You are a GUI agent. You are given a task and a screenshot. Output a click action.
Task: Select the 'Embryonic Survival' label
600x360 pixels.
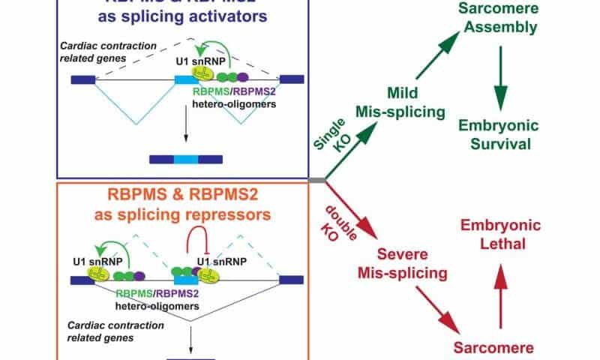(501, 132)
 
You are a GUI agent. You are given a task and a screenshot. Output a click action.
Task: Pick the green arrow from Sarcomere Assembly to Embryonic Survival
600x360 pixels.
(501, 75)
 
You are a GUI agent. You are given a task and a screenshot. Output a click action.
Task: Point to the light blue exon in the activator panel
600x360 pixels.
(184, 77)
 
